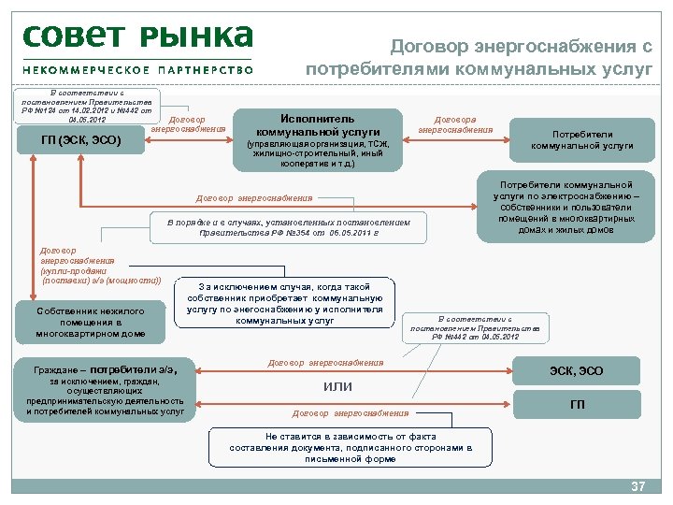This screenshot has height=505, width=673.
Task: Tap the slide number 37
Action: point(638,487)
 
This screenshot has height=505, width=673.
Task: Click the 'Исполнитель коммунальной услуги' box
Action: point(318,138)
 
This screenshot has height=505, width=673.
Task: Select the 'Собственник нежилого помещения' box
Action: point(92,322)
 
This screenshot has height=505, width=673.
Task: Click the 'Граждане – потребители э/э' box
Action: point(106,386)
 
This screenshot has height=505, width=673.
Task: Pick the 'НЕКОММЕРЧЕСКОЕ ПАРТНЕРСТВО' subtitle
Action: point(137,69)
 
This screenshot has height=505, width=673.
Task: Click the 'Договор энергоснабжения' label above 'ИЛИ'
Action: point(325,362)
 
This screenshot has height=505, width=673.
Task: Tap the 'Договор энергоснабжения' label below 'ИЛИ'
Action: point(351,412)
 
